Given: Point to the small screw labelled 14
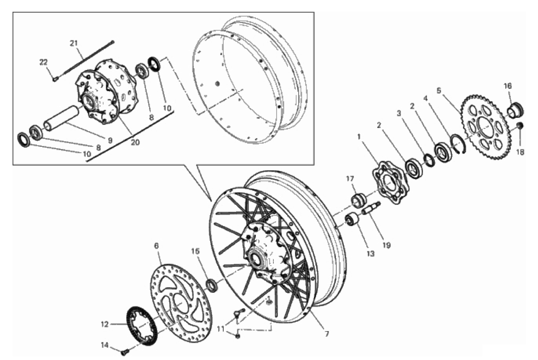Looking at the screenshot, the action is (x=125, y=351).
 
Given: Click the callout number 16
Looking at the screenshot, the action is (x=508, y=86).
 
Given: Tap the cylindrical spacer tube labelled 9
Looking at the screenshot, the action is (x=61, y=119).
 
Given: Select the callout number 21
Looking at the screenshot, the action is (x=74, y=43).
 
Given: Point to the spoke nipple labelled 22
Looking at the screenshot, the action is (x=55, y=79).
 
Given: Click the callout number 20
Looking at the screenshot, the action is (x=135, y=142).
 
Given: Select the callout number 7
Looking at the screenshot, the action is (x=327, y=333).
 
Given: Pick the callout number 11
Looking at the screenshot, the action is (x=220, y=329).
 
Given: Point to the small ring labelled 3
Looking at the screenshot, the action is (x=429, y=160).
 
